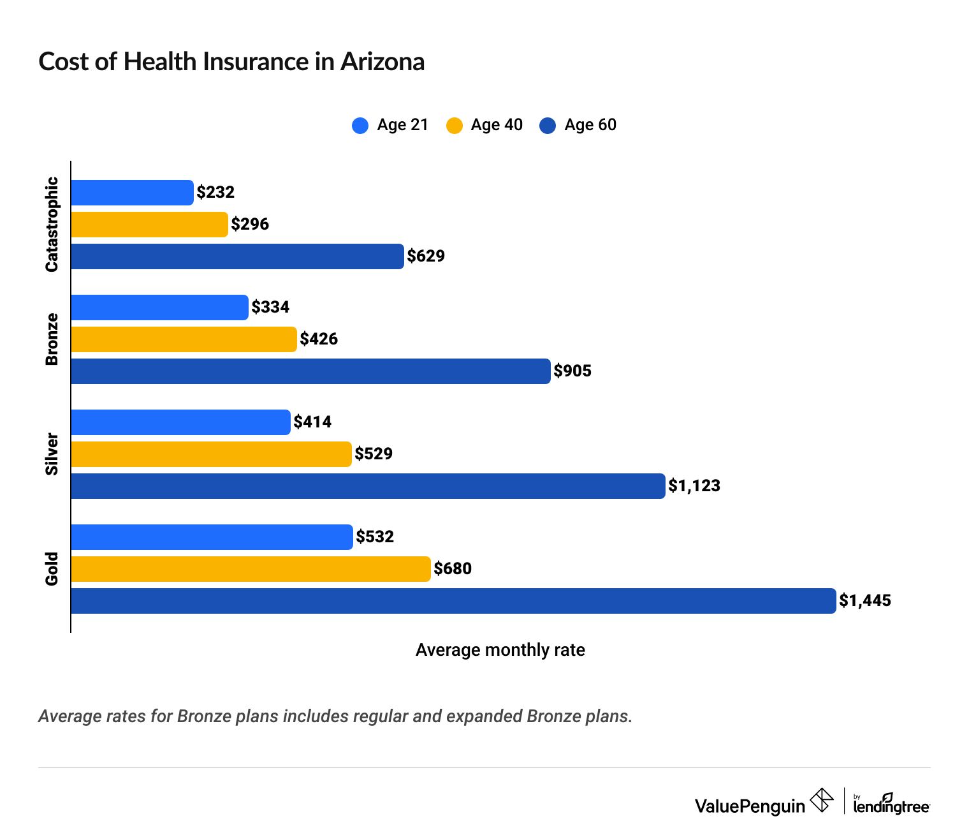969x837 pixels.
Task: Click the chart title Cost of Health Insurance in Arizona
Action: click(231, 62)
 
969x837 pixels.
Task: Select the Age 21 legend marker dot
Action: click(360, 125)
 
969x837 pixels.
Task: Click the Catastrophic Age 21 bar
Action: click(132, 193)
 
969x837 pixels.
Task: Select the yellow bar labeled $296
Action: click(149, 225)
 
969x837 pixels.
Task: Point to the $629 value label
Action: click(426, 256)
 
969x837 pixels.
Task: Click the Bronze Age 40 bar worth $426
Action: click(184, 339)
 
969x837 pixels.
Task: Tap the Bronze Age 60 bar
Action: click(310, 371)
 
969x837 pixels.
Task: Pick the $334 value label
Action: click(270, 307)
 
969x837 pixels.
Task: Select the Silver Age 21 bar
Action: click(180, 422)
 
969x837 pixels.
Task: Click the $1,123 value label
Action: click(694, 486)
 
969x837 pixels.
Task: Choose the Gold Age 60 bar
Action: click(453, 601)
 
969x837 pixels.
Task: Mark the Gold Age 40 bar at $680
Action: click(251, 569)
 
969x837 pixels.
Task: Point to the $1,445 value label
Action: click(865, 601)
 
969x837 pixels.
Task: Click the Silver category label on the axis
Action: click(52, 454)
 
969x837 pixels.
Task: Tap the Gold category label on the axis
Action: click(52, 568)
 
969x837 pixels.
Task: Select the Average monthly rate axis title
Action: click(500, 650)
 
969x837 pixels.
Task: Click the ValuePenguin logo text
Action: click(750, 806)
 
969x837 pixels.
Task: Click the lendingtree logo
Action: click(891, 804)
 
